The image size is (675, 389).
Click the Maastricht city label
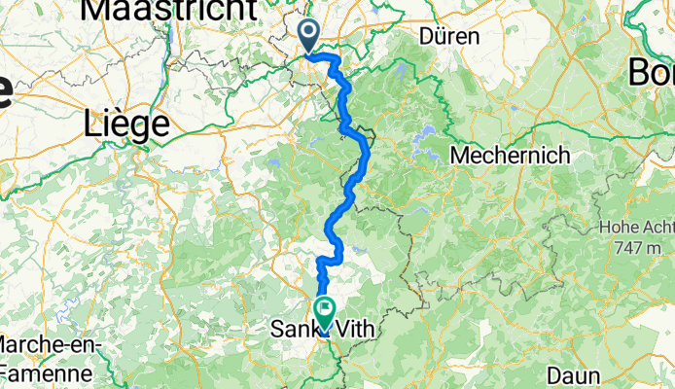pos(170,9)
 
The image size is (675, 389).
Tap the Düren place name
pos(449,37)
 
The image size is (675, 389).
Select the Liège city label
pos(127,124)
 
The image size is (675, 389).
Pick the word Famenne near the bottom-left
pos(47,372)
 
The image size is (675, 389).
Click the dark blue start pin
pos(309,36)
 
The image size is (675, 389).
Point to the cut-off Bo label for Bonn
pos(652,71)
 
